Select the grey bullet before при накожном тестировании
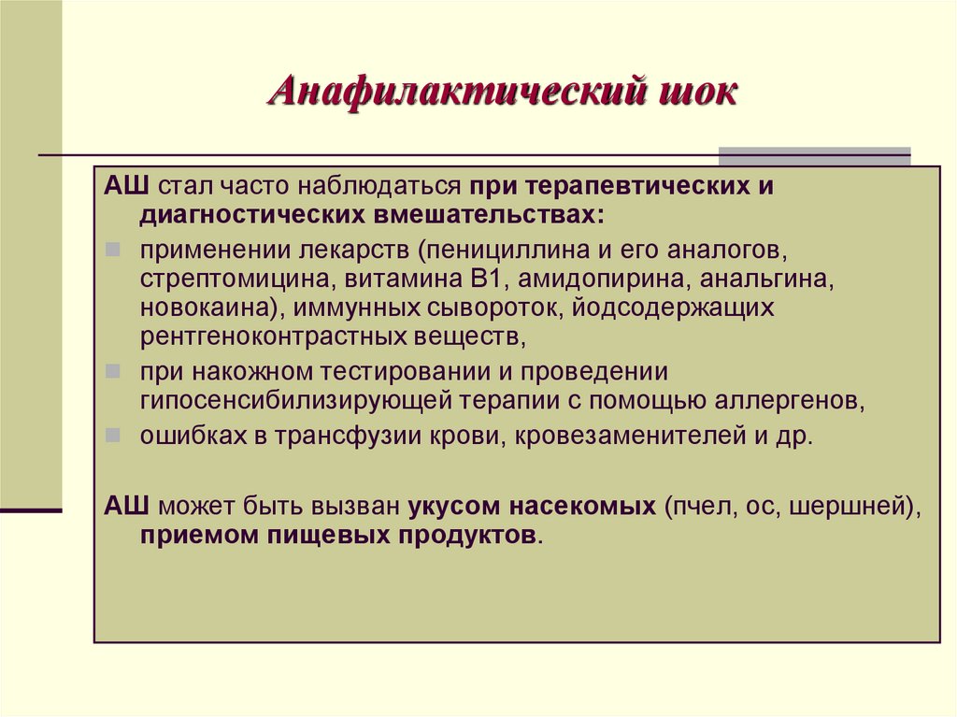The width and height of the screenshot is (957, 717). pos(112,372)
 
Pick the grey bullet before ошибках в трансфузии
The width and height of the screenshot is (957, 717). pos(112,437)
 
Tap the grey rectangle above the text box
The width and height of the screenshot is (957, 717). pos(814,156)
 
